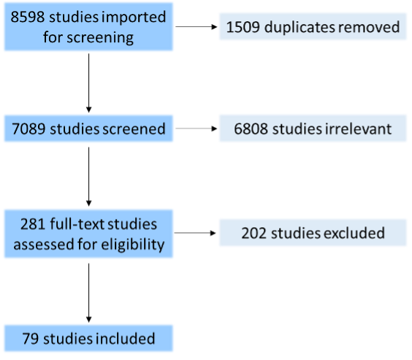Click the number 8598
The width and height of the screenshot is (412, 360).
tap(28, 17)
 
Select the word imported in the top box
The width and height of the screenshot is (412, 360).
tap(134, 18)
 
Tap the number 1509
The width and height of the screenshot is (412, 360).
tap(243, 27)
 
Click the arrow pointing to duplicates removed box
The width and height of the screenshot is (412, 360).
tap(197, 26)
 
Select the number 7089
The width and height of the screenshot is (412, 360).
tap(28, 129)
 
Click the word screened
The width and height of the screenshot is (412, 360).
tap(134, 129)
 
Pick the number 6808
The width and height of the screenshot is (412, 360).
tap(251, 129)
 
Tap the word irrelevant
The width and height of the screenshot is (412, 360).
tap(359, 129)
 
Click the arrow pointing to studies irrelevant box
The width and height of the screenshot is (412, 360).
tap(197, 129)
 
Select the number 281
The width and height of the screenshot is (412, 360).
tap(33, 224)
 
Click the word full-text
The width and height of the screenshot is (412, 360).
tap(77, 224)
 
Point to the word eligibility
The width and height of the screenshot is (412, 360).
tap(133, 245)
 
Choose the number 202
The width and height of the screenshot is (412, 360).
tap(254, 233)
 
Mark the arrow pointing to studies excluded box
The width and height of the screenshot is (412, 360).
tap(195, 233)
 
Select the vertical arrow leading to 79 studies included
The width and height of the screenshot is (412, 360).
tap(89, 293)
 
